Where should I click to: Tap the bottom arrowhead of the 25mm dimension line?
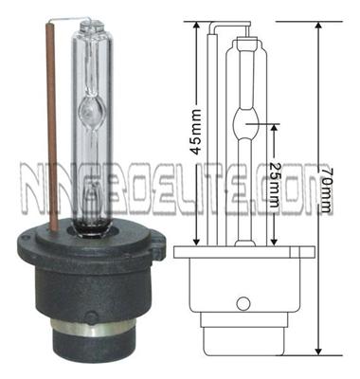pyautogui.click(x=274, y=236)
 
